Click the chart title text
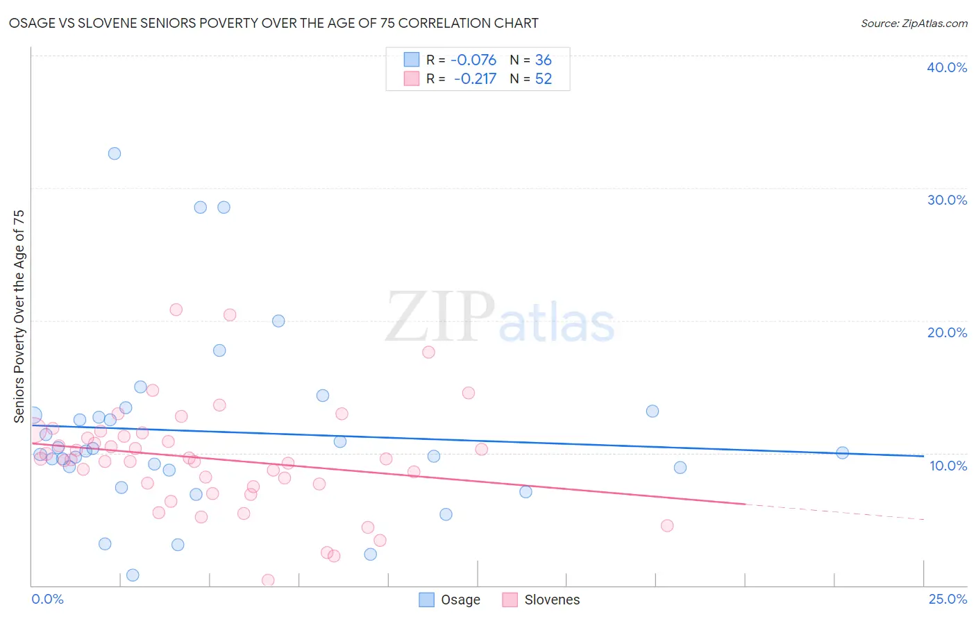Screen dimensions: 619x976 pos(274,23)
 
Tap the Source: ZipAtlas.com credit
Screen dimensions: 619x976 pos(914,23)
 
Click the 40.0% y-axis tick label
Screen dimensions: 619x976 pos(946,67)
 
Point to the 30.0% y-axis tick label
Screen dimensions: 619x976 pos(946,200)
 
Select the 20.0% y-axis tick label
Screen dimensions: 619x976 pos(946,332)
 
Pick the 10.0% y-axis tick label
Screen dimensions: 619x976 pos(948,466)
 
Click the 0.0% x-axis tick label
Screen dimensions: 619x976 pos(47,599)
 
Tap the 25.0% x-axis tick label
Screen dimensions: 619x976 pos(948,599)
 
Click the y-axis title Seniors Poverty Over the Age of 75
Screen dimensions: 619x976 pos(19,316)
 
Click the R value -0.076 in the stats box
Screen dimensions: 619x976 pos(473,60)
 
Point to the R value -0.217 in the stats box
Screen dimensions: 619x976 pos(475,79)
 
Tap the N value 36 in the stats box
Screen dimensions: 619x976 pos(543,60)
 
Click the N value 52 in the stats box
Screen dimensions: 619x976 pos(543,79)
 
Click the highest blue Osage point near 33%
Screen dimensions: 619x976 pos(115,153)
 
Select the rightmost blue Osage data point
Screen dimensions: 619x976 pos(842,453)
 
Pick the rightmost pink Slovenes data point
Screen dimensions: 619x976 pos(667,525)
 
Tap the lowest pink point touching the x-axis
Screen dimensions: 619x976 pos(268,580)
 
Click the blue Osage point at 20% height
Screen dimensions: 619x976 pos(278,321)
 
